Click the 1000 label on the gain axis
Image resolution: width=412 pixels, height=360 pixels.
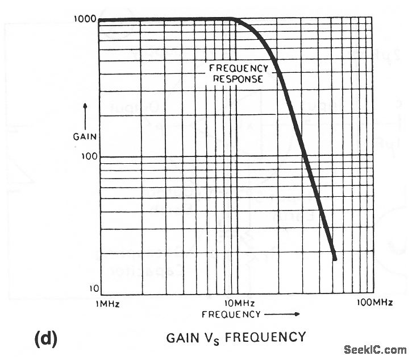(x=85, y=18)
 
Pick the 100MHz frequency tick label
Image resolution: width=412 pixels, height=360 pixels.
(x=374, y=303)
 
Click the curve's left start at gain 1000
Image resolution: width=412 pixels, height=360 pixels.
(x=101, y=20)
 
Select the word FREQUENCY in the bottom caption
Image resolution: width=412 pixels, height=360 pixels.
(x=265, y=337)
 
